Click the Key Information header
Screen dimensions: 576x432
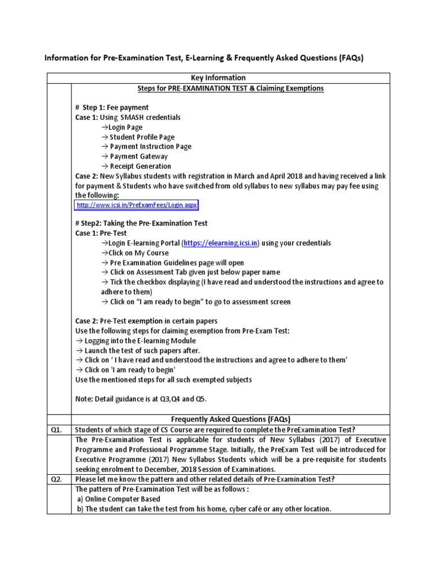coord(219,78)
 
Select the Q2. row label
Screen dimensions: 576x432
coord(58,479)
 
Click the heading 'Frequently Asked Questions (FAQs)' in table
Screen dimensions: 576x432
coord(231,420)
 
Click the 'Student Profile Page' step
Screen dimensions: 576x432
coord(138,137)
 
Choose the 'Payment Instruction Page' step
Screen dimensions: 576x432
coord(146,146)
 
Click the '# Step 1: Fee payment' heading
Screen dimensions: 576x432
coord(111,107)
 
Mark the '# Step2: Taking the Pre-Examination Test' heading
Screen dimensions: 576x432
coord(141,223)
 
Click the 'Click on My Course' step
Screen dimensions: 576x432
coord(135,253)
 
